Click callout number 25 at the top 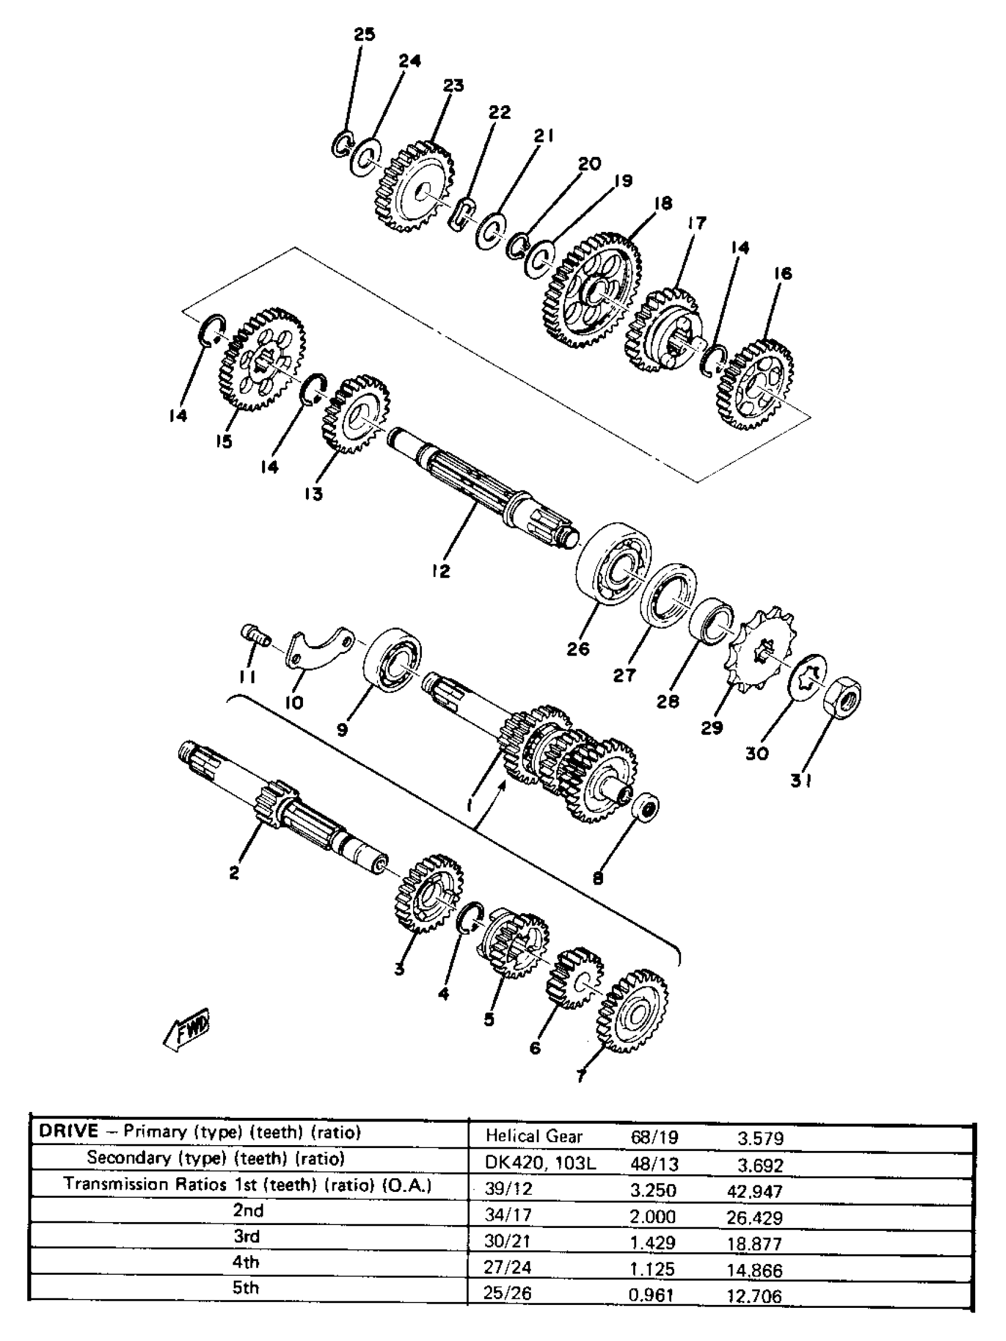pos(365,34)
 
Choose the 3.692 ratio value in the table pos(760,1165)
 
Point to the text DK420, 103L pos(540,1163)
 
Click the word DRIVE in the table pos(68,1132)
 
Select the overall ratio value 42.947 pos(755,1191)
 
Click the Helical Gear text pos(534,1137)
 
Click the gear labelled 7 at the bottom pos(633,1011)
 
